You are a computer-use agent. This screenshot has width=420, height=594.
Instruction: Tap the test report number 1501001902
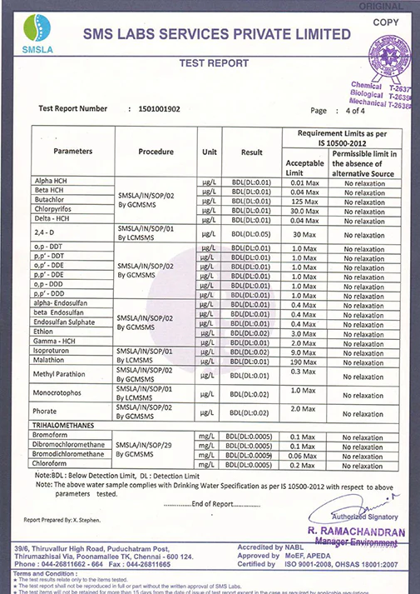click(x=161, y=109)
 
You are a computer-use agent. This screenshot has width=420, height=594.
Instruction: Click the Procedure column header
click(x=156, y=152)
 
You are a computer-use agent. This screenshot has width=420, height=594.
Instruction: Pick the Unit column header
click(x=209, y=152)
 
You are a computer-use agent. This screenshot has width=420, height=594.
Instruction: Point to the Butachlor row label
click(x=50, y=201)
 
